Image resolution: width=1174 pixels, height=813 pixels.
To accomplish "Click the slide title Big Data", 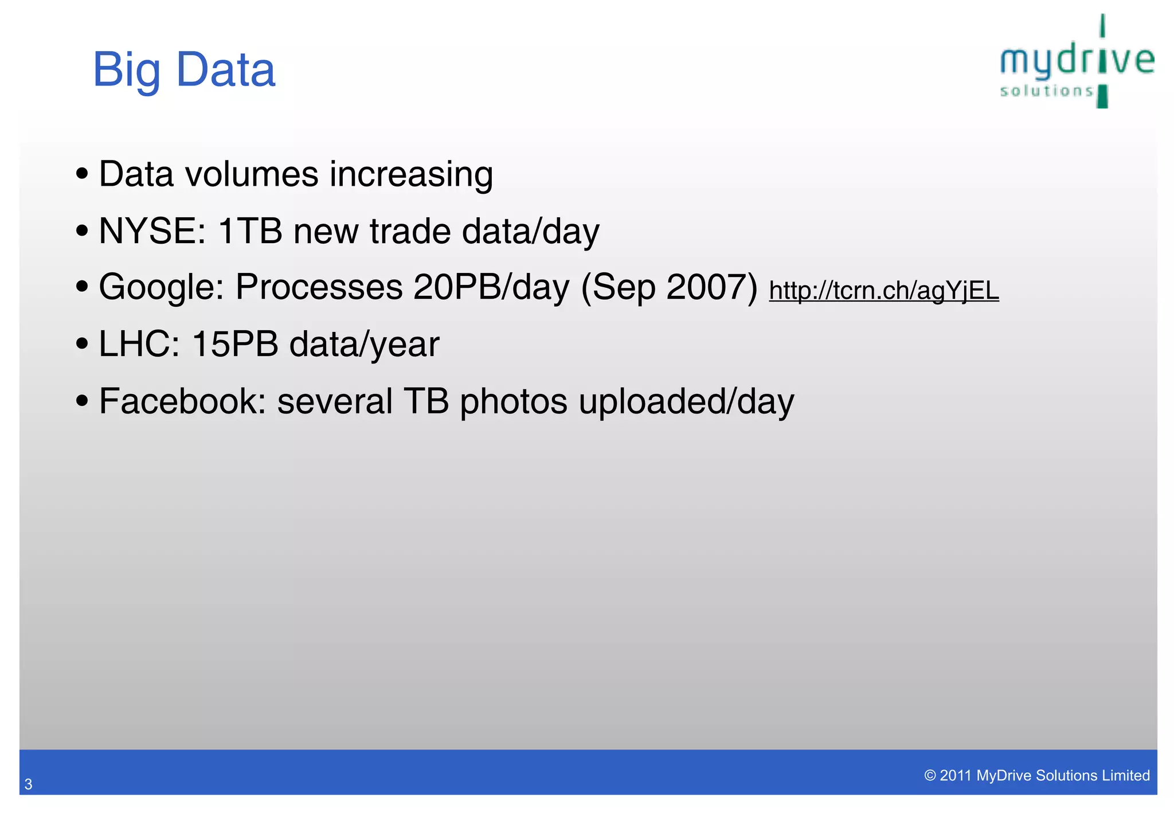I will (x=184, y=70).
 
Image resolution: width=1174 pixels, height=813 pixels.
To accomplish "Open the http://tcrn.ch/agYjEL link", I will (x=883, y=290).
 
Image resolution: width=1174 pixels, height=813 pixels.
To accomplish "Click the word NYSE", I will (x=152, y=231).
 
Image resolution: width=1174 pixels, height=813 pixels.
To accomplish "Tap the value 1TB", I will (x=251, y=231).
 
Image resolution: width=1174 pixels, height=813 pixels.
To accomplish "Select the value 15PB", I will (x=235, y=344).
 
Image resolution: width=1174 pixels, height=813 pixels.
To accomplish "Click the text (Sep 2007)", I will (x=669, y=287).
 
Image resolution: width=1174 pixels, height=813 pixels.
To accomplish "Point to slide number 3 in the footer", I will (x=28, y=784).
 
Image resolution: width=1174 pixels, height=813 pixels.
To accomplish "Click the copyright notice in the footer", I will (x=1036, y=775).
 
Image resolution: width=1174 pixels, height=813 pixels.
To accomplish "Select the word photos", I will (x=514, y=401).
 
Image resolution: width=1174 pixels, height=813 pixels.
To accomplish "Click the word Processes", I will (x=319, y=287).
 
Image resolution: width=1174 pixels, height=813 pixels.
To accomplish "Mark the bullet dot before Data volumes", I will (x=82, y=173).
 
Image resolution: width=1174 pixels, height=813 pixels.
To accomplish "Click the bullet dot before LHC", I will (x=82, y=343).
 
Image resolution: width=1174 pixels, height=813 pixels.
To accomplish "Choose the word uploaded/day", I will (x=686, y=401).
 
